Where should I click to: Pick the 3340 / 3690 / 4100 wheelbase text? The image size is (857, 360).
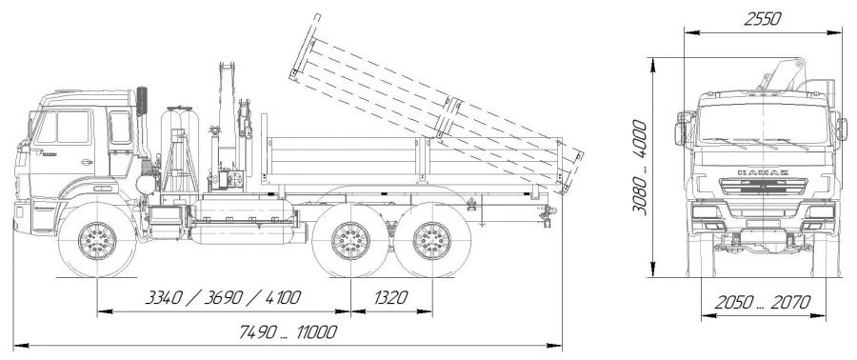pos(223,298)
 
